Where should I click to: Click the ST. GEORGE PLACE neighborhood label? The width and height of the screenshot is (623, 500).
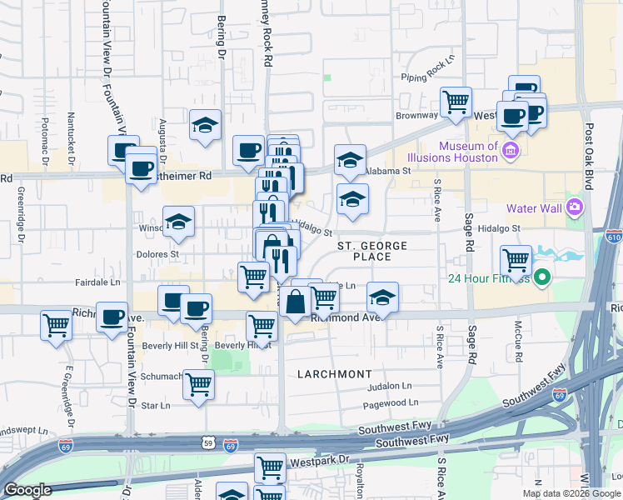[x=372, y=251]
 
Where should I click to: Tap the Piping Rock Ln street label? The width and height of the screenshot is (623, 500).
[x=429, y=69]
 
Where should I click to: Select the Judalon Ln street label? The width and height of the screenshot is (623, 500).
[x=390, y=386]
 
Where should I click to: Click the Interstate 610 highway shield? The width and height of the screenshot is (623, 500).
[x=615, y=238]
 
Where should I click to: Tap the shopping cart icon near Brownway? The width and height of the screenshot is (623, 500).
[x=456, y=102]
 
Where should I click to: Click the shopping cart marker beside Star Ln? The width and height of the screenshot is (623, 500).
[x=199, y=384]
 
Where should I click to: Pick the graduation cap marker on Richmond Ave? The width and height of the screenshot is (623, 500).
[x=382, y=297]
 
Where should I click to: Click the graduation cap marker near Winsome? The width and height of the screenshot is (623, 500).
[x=178, y=222]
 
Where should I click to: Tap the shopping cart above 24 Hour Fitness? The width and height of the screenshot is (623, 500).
[x=516, y=259]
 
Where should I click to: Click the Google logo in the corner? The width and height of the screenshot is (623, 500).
[x=27, y=490]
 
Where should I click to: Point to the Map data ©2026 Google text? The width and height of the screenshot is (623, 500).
[x=571, y=493]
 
